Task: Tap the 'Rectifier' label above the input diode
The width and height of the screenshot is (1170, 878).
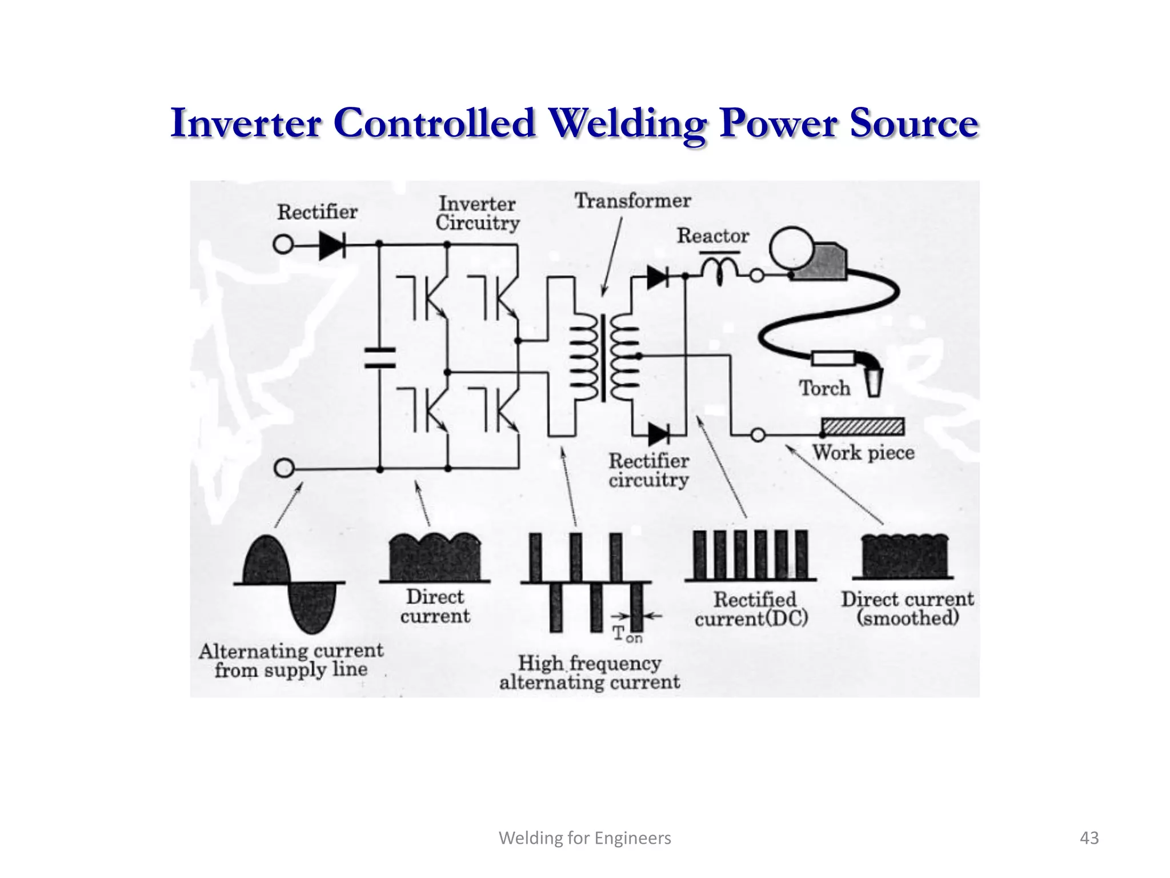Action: [x=317, y=212]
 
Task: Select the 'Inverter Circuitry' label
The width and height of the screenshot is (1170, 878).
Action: [x=478, y=213]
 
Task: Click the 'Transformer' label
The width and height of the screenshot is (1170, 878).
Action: [x=632, y=201]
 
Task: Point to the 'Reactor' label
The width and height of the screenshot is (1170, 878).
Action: [x=712, y=236]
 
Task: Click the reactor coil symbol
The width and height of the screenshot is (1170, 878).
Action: [x=719, y=270]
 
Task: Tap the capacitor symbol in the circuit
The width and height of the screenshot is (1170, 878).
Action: [x=380, y=358]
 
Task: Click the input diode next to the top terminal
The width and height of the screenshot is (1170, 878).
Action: [x=332, y=245]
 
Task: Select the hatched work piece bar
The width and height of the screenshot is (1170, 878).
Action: [x=863, y=426]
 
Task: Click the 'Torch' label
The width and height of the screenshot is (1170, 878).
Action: [x=824, y=388]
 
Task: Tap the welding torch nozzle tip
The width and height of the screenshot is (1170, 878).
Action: [x=874, y=382]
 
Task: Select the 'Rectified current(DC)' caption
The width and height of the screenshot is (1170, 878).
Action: [x=752, y=609]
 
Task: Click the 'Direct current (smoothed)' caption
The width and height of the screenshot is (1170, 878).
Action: [x=907, y=608]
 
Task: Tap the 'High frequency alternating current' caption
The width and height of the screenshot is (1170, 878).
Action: [x=589, y=673]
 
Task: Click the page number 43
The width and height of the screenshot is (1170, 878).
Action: [x=1089, y=838]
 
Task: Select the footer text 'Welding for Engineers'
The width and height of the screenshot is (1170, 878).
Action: [x=584, y=838]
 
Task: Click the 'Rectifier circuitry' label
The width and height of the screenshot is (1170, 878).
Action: [x=648, y=470]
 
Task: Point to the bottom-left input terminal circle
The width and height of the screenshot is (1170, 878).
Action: [x=284, y=468]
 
